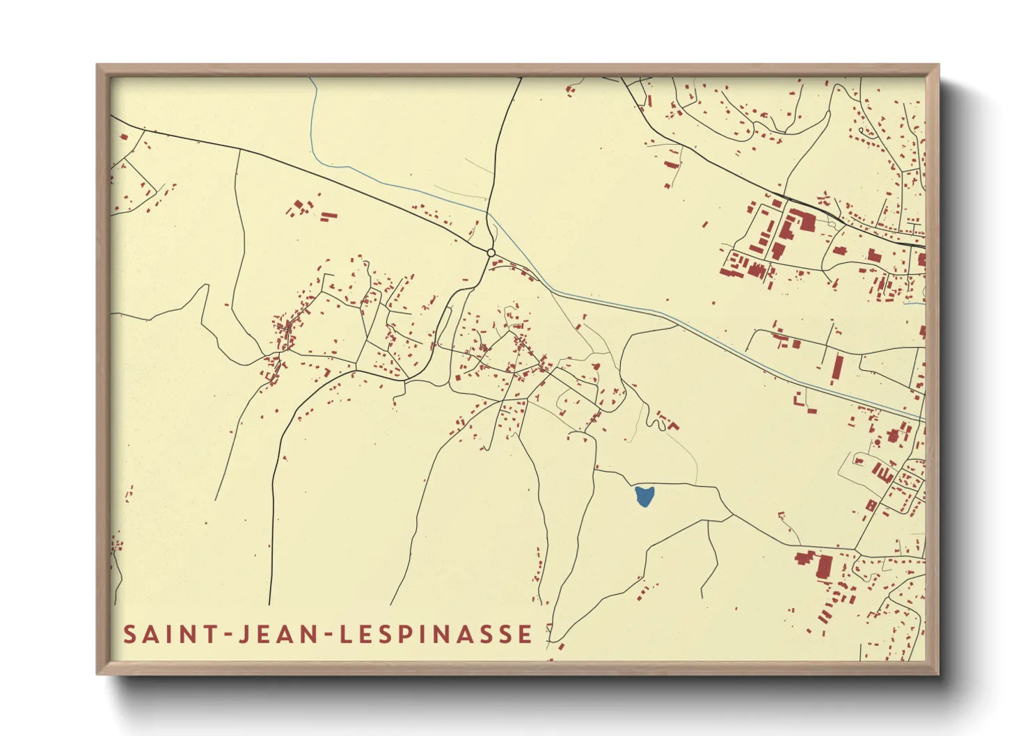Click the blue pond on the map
pyautogui.click(x=644, y=497)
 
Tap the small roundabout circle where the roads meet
pyautogui.click(x=491, y=253)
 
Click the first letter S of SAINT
pyautogui.click(x=130, y=634)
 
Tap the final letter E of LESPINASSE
pyautogui.click(x=525, y=634)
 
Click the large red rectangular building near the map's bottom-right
pyautogui.click(x=824, y=566)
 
